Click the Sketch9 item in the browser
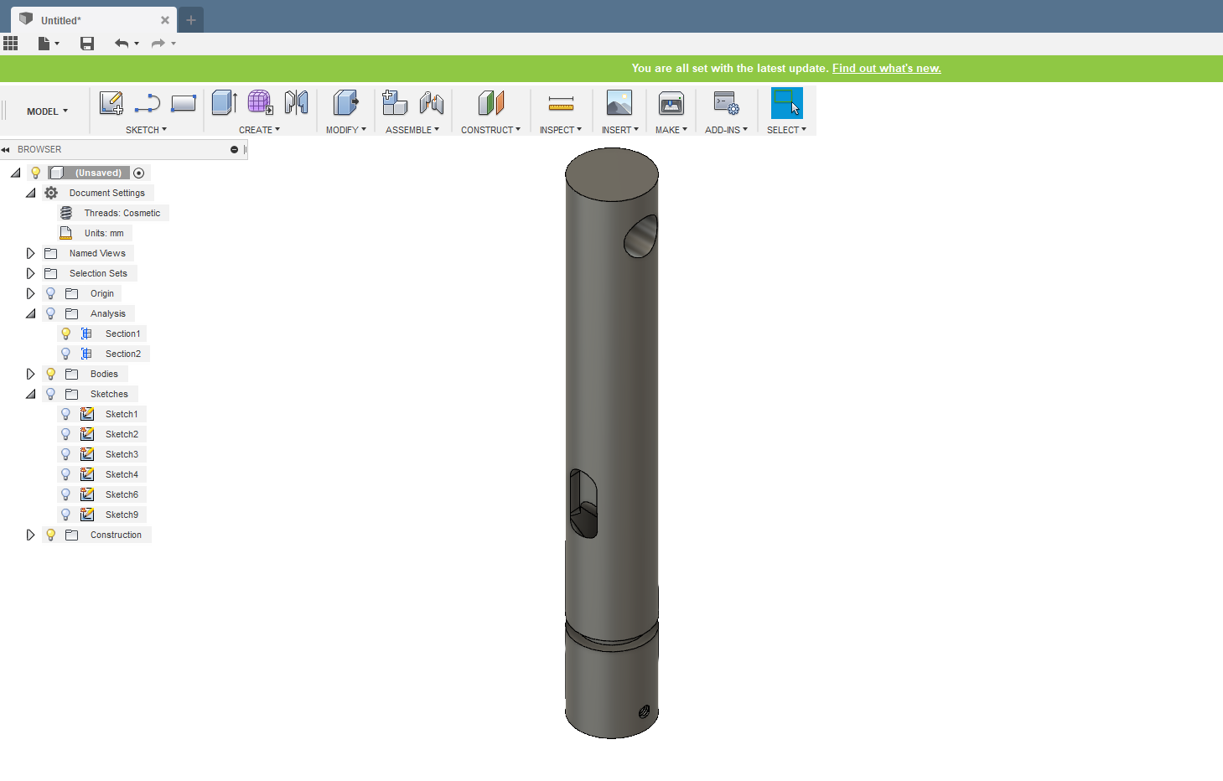pos(122,515)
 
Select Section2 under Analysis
pos(122,354)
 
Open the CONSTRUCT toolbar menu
pos(490,130)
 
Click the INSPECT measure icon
pos(561,104)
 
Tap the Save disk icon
pos(87,44)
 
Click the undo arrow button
pos(122,44)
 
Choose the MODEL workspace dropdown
pos(47,111)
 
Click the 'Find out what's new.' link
pos(886,69)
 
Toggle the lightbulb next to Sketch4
pos(66,474)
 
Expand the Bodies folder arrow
pos(31,374)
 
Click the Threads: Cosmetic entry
pos(122,213)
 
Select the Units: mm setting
pos(103,233)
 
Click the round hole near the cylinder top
pos(640,236)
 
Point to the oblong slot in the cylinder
pos(583,503)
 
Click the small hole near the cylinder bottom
pos(644,711)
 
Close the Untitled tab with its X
pos(165,20)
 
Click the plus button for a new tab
pos(191,20)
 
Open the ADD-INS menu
pos(726,130)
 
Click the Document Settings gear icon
pos(51,193)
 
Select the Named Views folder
pos(96,253)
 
